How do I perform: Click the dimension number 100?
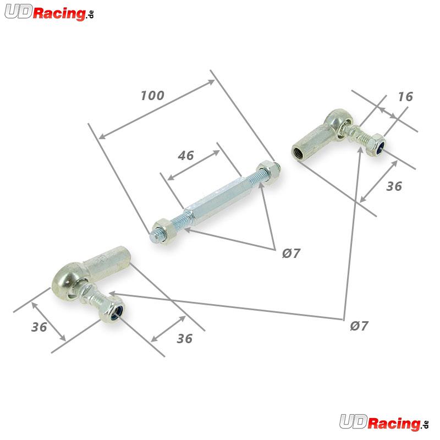[x=152, y=95]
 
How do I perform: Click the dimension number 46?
[x=186, y=156]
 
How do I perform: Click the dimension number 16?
[x=405, y=97]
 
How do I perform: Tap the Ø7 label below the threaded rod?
[x=291, y=253]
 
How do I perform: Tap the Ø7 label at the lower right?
[x=359, y=326]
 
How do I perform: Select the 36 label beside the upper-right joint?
[x=394, y=186]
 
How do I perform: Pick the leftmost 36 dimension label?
[x=39, y=327]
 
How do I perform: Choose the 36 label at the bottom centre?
[x=185, y=339]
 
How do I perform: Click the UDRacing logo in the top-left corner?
[x=49, y=13]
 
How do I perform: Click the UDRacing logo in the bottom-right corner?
[x=384, y=422]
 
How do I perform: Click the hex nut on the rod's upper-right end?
[x=267, y=172]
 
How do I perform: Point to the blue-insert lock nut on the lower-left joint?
[x=112, y=310]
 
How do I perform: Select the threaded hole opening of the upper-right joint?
[x=298, y=153]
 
